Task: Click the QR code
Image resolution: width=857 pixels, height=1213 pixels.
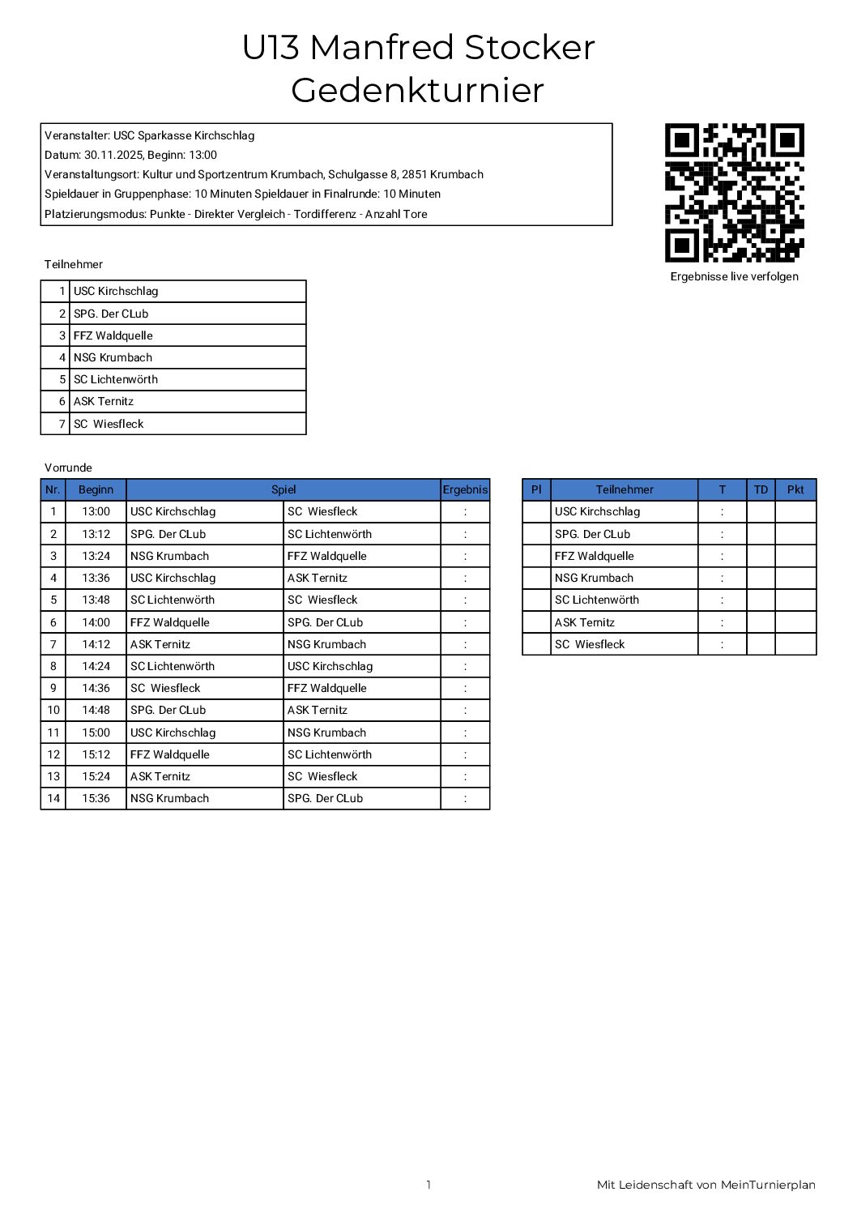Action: tap(734, 193)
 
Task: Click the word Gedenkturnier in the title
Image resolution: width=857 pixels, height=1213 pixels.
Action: tap(417, 90)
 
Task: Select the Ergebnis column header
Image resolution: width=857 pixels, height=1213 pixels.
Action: tap(465, 489)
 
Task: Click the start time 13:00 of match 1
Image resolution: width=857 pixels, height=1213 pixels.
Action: tap(96, 511)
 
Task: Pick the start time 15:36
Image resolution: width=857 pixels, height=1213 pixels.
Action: tap(96, 798)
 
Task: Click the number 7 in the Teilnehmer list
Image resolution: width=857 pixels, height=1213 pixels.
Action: tap(62, 424)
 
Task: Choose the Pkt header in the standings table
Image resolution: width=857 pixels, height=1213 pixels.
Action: tap(795, 489)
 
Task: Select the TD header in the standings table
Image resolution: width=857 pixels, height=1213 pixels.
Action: tap(761, 489)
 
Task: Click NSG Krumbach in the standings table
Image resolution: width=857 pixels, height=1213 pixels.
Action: tap(594, 578)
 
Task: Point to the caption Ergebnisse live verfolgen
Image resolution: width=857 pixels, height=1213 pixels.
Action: tap(734, 276)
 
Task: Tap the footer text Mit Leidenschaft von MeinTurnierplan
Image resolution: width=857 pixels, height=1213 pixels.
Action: tap(706, 1185)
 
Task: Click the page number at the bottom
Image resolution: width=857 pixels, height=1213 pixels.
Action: tap(428, 1185)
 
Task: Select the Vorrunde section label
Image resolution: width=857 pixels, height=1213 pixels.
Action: tap(68, 468)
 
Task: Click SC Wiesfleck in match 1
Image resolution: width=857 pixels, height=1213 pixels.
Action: tap(322, 511)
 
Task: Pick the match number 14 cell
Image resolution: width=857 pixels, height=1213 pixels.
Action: tap(53, 798)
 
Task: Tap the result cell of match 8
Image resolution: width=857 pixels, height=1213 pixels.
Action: tap(465, 666)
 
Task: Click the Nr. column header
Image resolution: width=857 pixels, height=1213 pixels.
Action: tap(53, 489)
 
